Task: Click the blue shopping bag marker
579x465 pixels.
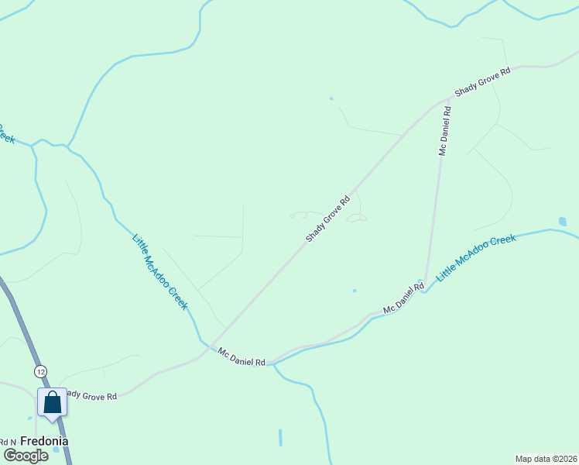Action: pos(52,404)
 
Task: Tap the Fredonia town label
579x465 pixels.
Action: pos(44,441)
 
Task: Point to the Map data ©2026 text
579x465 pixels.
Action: pos(546,458)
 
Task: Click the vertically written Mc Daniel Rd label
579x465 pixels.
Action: pos(444,132)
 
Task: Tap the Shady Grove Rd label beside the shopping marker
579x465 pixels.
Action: pos(91,395)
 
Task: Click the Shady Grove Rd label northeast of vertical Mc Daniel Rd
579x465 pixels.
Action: pos(483,81)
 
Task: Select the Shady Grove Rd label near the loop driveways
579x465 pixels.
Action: pos(328,219)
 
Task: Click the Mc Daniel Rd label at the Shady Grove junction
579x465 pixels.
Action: pos(242,356)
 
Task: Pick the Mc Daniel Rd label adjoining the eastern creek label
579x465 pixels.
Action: pos(403,298)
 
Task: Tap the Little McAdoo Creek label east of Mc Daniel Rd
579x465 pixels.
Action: pos(475,258)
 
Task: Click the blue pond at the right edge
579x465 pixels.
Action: pos(562,222)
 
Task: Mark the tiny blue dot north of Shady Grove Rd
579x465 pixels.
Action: pos(331,98)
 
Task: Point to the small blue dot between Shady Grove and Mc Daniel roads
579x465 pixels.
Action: pos(355,291)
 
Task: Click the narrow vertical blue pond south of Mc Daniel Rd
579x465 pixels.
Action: pos(280,438)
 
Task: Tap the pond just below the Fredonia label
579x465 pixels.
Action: pos(56,450)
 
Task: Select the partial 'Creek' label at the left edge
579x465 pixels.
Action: pos(5,134)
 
